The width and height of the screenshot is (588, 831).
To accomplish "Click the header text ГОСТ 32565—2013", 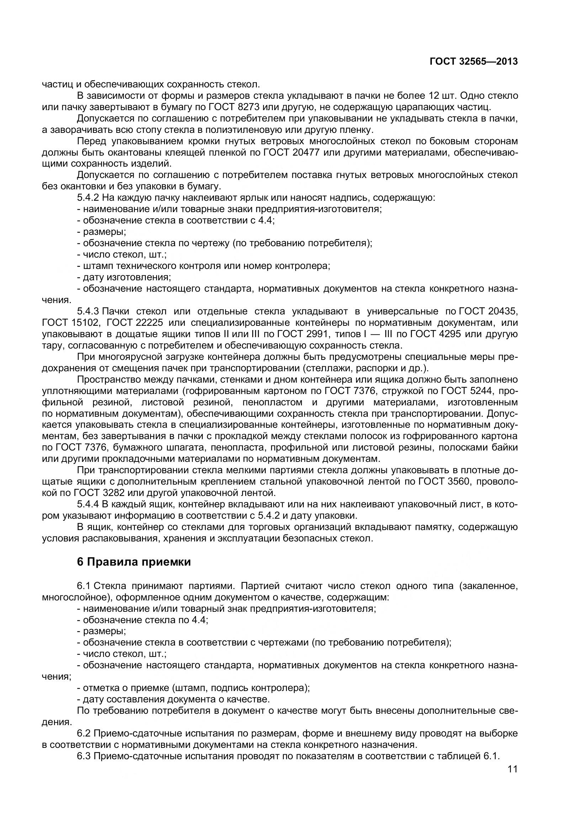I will [x=473, y=62].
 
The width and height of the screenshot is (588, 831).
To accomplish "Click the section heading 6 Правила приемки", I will [x=134, y=562].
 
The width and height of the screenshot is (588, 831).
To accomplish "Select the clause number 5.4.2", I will [x=88, y=198].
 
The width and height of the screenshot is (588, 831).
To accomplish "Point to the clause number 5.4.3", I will [x=88, y=311].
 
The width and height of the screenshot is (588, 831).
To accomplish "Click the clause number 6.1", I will [x=84, y=586].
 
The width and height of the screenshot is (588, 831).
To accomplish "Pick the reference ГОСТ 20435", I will [x=488, y=311].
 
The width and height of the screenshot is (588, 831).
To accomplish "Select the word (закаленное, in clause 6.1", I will [x=489, y=586].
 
